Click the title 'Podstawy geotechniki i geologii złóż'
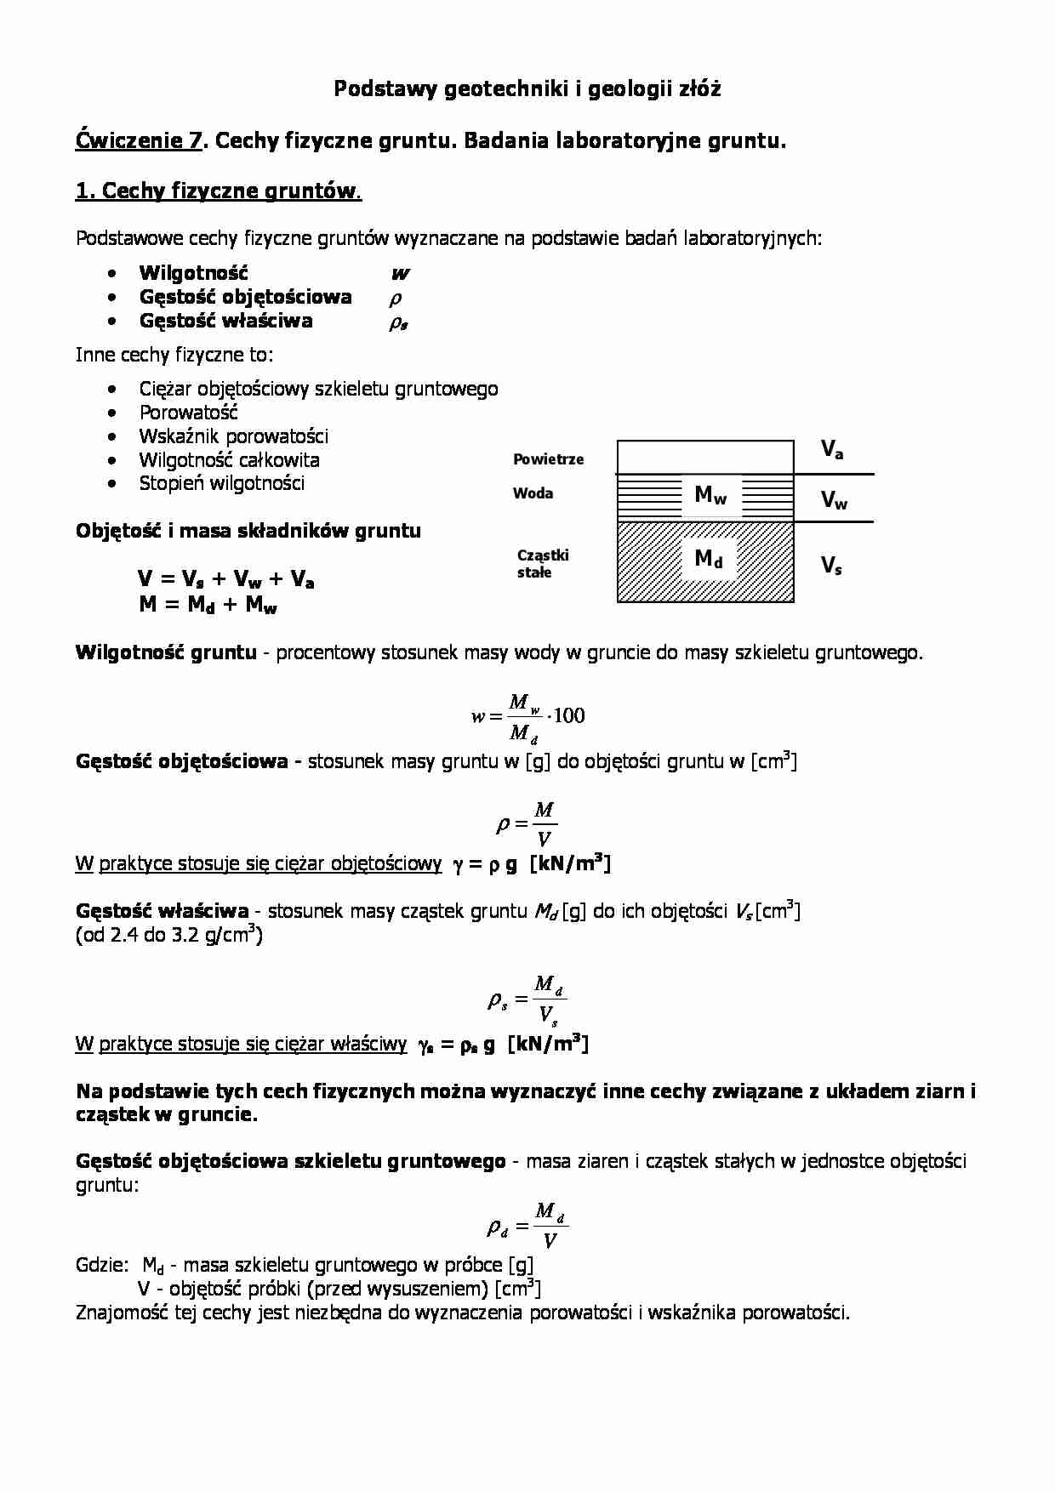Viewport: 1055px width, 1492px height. coord(527,88)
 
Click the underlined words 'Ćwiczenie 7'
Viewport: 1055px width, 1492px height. coord(139,140)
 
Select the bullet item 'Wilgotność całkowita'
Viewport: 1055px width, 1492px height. coord(229,460)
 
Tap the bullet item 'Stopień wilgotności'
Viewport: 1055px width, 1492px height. coord(221,484)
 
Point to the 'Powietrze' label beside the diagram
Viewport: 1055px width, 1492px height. coord(548,459)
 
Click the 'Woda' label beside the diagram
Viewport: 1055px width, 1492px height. coord(533,493)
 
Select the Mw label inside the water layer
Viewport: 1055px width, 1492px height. coord(710,494)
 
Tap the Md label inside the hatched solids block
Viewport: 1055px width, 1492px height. coord(709,559)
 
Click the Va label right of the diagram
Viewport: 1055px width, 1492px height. coord(832,450)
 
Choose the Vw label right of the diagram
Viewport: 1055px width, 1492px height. coord(834,500)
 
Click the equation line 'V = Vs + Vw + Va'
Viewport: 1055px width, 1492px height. coord(226,580)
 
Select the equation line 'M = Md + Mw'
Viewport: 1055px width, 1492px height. coord(208,605)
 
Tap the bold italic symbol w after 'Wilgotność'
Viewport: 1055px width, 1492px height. coord(400,274)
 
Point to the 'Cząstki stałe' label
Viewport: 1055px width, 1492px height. coord(543,563)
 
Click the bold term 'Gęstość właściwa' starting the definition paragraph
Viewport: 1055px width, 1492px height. coord(162,911)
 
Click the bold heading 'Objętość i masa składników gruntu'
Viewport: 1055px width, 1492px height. coord(248,531)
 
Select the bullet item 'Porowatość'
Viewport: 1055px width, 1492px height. coord(188,413)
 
